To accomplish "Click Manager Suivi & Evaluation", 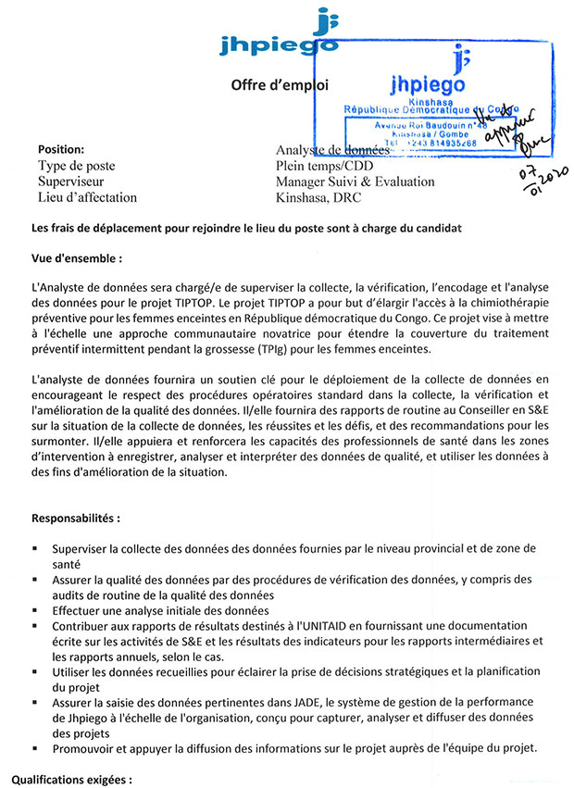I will point(355,181).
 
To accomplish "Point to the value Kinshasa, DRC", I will point(318,197).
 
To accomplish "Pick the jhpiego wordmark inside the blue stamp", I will point(429,82).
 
